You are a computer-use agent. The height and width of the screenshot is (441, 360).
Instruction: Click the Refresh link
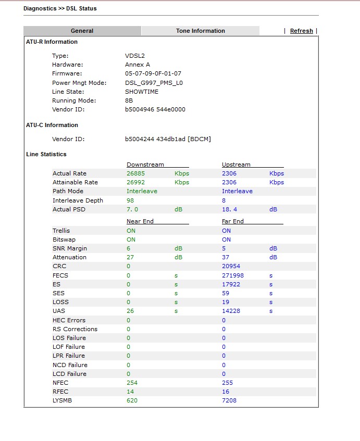point(301,31)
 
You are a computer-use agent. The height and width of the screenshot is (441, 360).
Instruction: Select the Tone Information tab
point(200,31)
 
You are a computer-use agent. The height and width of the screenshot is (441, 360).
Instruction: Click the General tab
point(82,31)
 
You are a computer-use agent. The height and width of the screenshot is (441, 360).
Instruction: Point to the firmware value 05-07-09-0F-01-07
point(153,73)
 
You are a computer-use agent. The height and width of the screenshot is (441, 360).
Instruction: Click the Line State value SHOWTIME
point(142,92)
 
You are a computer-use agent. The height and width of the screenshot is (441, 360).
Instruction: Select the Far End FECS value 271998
point(232,275)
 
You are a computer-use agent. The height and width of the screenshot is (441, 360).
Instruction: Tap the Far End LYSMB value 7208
point(229,400)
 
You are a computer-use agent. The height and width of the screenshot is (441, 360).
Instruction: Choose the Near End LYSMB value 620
point(132,400)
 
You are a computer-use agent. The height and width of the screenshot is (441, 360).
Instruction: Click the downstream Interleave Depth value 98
point(130,200)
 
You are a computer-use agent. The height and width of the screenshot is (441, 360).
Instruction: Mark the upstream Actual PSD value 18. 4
point(230,209)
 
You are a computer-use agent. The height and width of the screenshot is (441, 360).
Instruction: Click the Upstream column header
point(236,165)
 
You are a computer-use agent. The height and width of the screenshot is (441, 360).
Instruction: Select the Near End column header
point(140,221)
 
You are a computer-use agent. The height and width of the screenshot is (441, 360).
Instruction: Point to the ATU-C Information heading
point(52,125)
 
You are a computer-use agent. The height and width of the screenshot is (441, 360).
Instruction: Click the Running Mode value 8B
point(129,100)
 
